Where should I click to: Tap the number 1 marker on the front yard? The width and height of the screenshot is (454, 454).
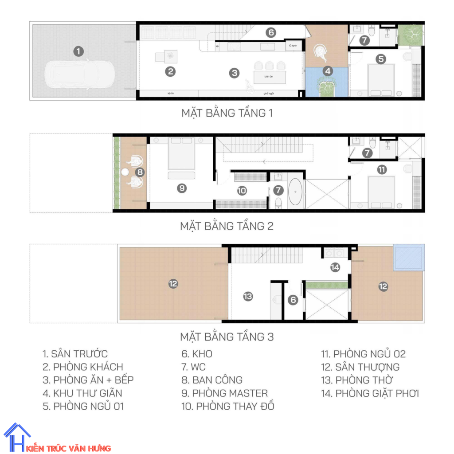pyautogui.click(x=78, y=51)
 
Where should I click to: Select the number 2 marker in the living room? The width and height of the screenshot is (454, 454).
pyautogui.click(x=170, y=71)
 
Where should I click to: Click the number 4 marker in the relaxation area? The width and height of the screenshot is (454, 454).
pyautogui.click(x=327, y=71)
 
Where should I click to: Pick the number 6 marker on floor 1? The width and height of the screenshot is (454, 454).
pyautogui.click(x=271, y=32)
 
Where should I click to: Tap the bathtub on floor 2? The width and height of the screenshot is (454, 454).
pyautogui.click(x=295, y=194)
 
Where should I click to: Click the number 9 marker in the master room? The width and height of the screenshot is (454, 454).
pyautogui.click(x=181, y=188)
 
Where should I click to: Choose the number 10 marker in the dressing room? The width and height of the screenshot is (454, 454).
pyautogui.click(x=242, y=191)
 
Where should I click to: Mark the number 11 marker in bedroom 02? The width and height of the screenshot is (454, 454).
pyautogui.click(x=381, y=169)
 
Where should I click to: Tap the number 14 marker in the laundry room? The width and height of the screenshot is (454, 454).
pyautogui.click(x=335, y=267)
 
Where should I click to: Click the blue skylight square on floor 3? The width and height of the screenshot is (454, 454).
pyautogui.click(x=409, y=257)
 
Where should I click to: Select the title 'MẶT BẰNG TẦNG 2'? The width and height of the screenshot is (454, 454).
pyautogui.click(x=227, y=226)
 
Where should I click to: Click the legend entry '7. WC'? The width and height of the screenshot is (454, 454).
pyautogui.click(x=193, y=367)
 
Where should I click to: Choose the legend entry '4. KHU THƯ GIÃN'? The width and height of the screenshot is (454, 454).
pyautogui.click(x=82, y=393)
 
